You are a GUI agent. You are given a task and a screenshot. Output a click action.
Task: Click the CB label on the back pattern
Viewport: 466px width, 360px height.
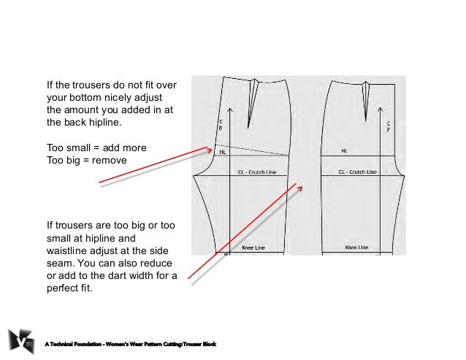[221, 125]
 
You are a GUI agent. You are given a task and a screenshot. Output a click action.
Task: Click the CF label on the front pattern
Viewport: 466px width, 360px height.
[389, 126]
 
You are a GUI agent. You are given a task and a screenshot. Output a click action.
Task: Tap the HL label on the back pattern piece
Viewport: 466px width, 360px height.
[223, 153]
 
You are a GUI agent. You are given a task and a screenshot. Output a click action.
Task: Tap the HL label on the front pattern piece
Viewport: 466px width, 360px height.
[344, 152]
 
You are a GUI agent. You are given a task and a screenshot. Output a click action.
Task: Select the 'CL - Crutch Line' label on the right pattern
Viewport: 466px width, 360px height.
[356, 172]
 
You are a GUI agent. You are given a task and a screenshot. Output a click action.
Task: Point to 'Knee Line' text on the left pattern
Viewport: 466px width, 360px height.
[253, 248]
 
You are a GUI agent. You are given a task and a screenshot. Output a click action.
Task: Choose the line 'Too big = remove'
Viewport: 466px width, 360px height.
[87, 160]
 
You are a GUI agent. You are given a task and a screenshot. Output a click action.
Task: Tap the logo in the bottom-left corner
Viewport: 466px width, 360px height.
[21, 339]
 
